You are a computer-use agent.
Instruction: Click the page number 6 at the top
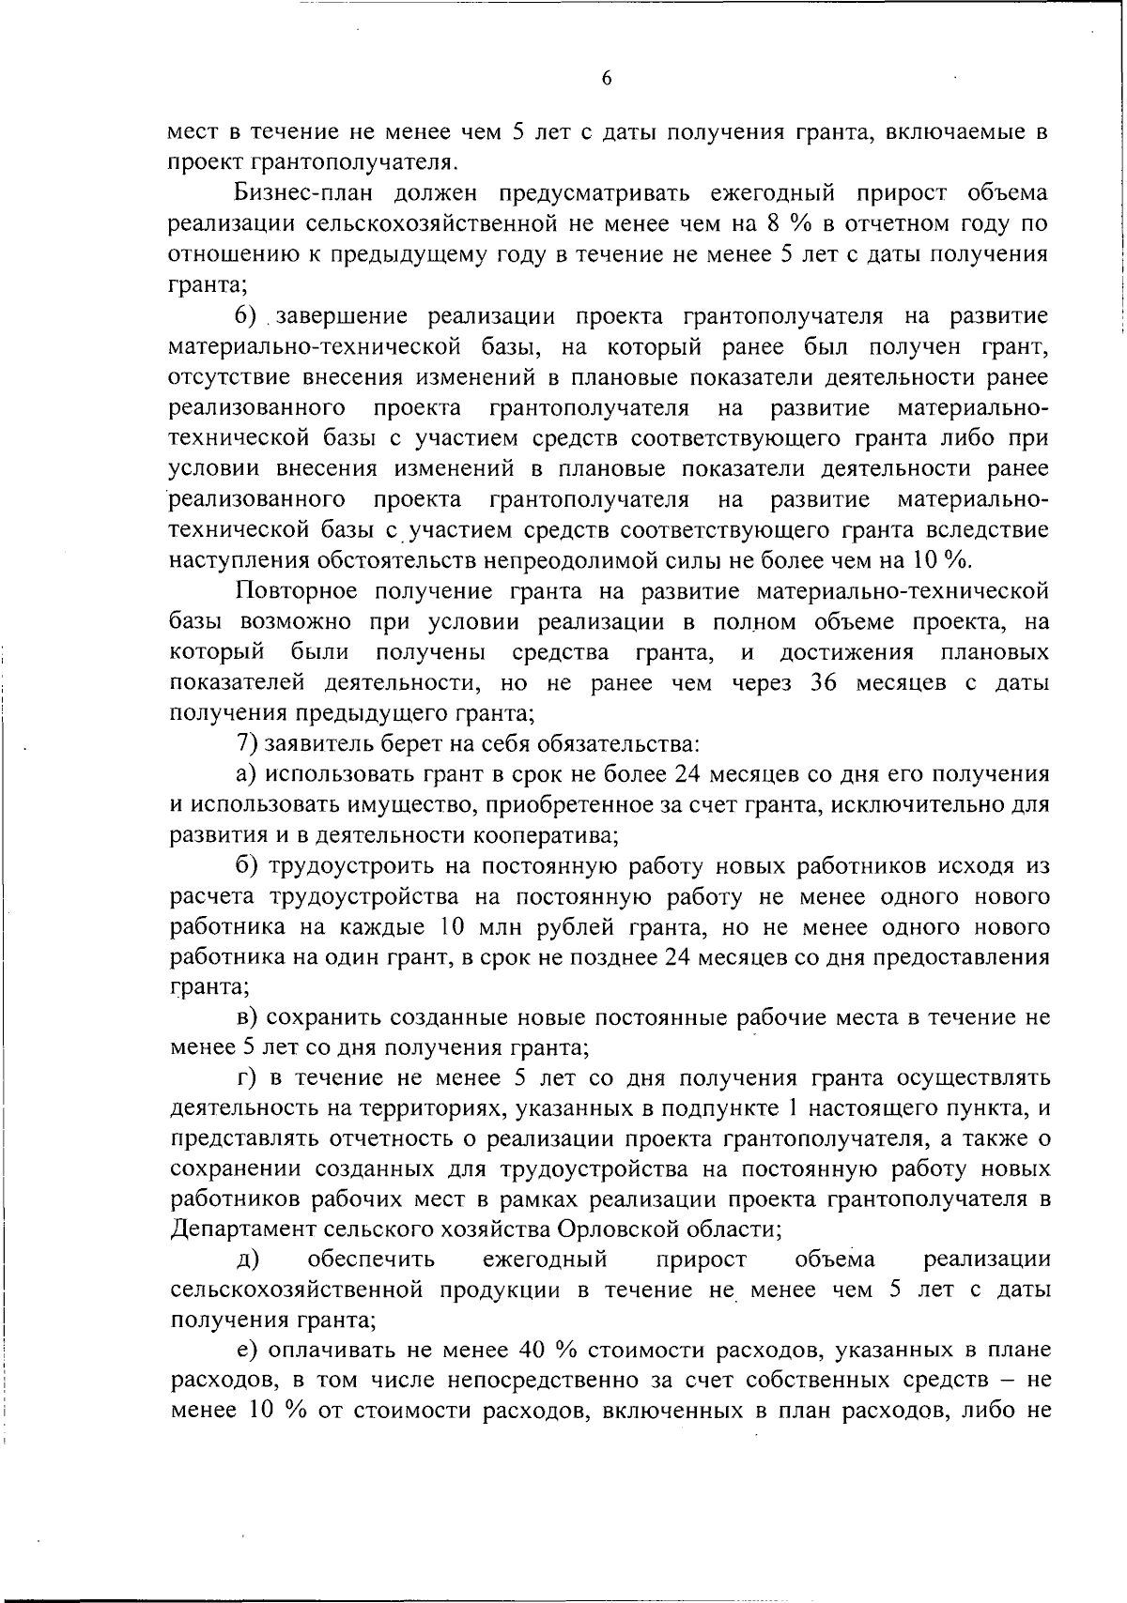[606, 80]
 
